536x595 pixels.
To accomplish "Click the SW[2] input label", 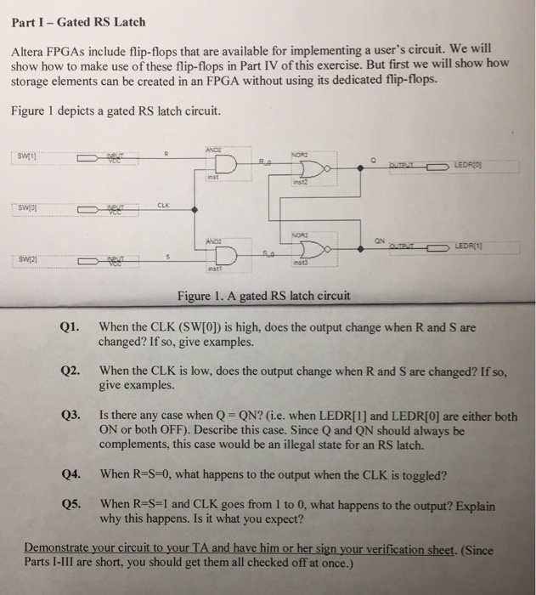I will coord(28,258).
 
